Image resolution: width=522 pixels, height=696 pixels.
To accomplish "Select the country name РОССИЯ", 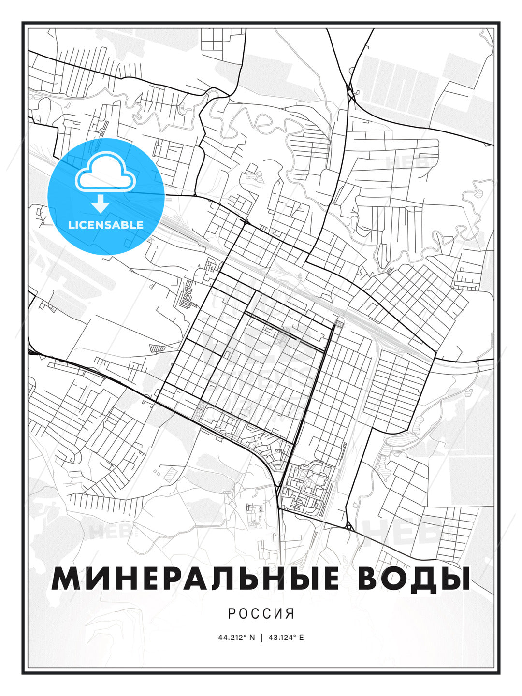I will (x=261, y=614).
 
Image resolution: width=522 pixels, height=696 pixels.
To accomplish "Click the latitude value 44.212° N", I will (x=236, y=638).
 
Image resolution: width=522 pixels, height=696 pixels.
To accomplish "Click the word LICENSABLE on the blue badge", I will (x=106, y=225).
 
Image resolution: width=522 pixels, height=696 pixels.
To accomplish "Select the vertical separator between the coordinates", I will (x=261, y=638).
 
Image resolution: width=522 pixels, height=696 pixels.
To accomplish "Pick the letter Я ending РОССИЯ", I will (x=290, y=614).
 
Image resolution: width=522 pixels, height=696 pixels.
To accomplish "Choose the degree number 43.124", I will (x=282, y=638).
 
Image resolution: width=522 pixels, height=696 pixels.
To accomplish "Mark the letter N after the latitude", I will (x=252, y=638).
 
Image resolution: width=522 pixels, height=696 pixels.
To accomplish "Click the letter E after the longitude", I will (x=302, y=638).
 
